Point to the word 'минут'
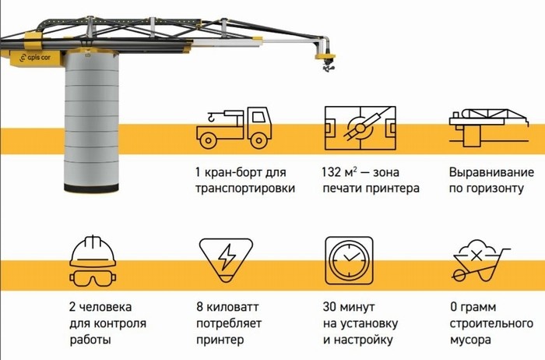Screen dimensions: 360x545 click(x=359, y=305)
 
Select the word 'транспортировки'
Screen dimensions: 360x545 click(x=246, y=189)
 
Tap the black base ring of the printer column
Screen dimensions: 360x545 click(x=93, y=190)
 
